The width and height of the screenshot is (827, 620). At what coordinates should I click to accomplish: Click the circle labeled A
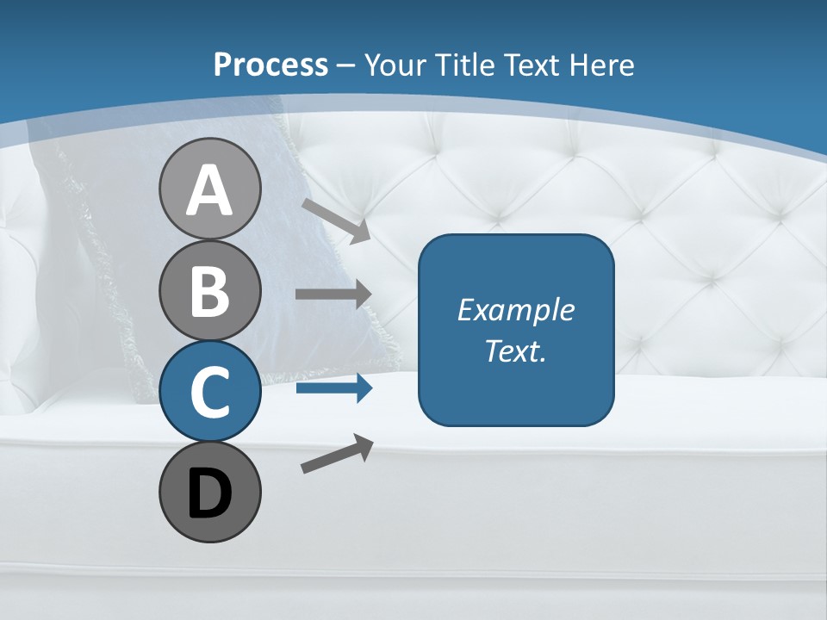pos(209,189)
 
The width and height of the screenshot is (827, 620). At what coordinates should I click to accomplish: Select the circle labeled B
pos(209,290)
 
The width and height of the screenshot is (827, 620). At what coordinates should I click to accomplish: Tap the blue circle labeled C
pos(209,391)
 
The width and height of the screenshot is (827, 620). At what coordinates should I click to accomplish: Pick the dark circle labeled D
pos(209,492)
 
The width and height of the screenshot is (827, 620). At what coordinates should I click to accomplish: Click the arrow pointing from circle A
pos(336,220)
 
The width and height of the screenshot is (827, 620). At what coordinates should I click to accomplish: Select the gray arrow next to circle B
pos(333,294)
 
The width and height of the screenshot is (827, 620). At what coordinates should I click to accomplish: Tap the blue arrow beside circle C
pos(333,388)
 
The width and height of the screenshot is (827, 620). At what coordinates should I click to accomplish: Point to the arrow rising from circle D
pos(337,454)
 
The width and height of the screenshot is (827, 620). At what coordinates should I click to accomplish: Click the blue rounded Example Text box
pos(516,330)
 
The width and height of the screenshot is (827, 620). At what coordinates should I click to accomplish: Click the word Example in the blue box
pos(516,310)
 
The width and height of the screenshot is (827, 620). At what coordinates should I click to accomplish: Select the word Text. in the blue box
pos(516,351)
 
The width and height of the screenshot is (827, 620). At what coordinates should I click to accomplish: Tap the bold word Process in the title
pos(270,65)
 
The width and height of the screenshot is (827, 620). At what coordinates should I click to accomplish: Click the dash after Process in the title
pos(346,65)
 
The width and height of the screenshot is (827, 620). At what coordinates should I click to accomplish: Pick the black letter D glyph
pos(209,493)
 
